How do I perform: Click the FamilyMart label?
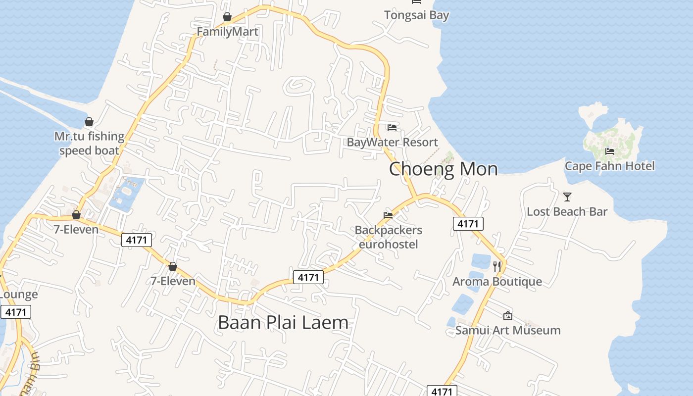click(x=227, y=32)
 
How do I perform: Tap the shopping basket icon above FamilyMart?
click(x=227, y=17)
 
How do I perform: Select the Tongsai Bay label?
click(x=416, y=15)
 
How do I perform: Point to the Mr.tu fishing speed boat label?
click(x=89, y=144)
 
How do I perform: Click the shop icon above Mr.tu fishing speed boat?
click(x=89, y=122)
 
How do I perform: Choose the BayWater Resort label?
click(x=392, y=143)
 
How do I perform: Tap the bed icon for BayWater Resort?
click(x=392, y=128)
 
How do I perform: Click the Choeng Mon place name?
click(x=443, y=169)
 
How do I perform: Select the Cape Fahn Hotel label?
click(x=609, y=166)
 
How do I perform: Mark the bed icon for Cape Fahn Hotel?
click(x=610, y=151)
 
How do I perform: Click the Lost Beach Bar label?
click(x=567, y=212)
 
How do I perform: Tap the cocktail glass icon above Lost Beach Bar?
click(x=567, y=197)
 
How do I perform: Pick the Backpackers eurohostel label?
click(x=388, y=237)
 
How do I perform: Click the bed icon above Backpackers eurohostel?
click(x=388, y=215)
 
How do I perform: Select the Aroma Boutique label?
click(x=497, y=282)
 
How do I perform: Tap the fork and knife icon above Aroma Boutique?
click(x=497, y=266)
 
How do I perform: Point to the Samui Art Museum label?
click(x=508, y=330)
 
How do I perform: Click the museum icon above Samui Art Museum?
click(x=508, y=316)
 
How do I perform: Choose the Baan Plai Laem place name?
click(x=283, y=323)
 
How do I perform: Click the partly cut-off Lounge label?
click(x=18, y=295)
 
